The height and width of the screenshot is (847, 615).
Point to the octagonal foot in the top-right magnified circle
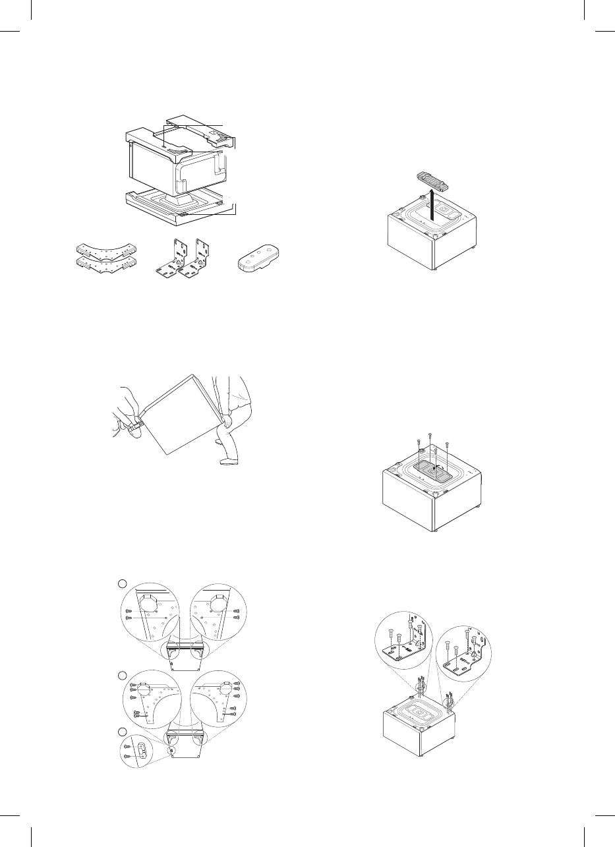pos(218,602)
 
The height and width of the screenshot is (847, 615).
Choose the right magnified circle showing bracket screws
pos(465,652)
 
